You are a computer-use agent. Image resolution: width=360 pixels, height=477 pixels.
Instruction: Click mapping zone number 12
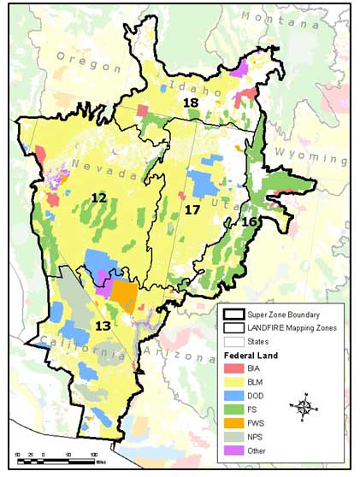(x=99, y=198)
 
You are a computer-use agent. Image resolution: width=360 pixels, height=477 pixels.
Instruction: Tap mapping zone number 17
(x=192, y=209)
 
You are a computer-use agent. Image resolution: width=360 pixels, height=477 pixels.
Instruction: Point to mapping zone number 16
(x=249, y=221)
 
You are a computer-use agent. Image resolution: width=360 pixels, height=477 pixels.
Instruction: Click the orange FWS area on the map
(x=125, y=296)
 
